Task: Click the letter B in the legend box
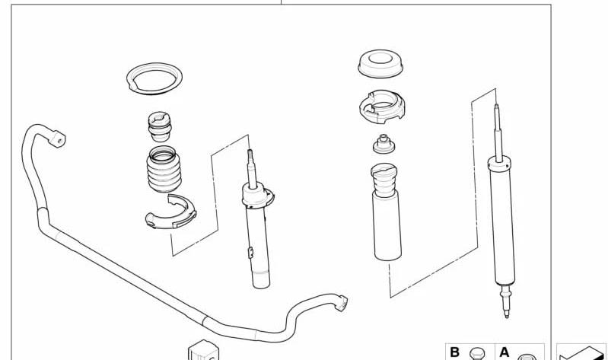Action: (454, 352)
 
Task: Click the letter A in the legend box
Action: (504, 352)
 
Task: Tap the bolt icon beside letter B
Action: (477, 354)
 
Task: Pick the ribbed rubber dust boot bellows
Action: (164, 169)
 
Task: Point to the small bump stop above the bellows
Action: (159, 126)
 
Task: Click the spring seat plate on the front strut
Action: (257, 196)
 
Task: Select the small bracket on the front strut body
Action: (250, 252)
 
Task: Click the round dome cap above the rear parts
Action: (380, 63)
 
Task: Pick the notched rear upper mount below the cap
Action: (382, 107)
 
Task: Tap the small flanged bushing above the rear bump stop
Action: (384, 144)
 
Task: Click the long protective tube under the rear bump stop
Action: (387, 225)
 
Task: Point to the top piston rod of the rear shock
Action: (498, 132)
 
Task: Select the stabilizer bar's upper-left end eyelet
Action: (57, 139)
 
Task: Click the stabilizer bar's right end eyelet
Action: (341, 303)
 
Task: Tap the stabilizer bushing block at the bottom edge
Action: (204, 350)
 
